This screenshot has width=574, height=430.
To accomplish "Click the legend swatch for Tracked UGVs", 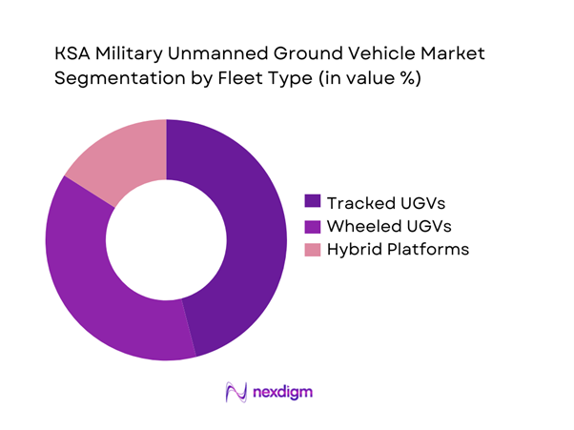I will point(312,201).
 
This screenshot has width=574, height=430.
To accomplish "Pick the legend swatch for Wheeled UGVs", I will point(312,225).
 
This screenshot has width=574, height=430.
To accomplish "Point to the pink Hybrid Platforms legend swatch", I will point(312,249).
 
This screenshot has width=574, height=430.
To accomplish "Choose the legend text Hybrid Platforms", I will point(398,249).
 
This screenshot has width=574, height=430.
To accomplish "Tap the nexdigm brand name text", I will point(283,392).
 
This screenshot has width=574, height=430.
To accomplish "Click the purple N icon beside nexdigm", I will point(234,392).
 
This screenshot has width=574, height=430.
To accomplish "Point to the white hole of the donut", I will point(166,239).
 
